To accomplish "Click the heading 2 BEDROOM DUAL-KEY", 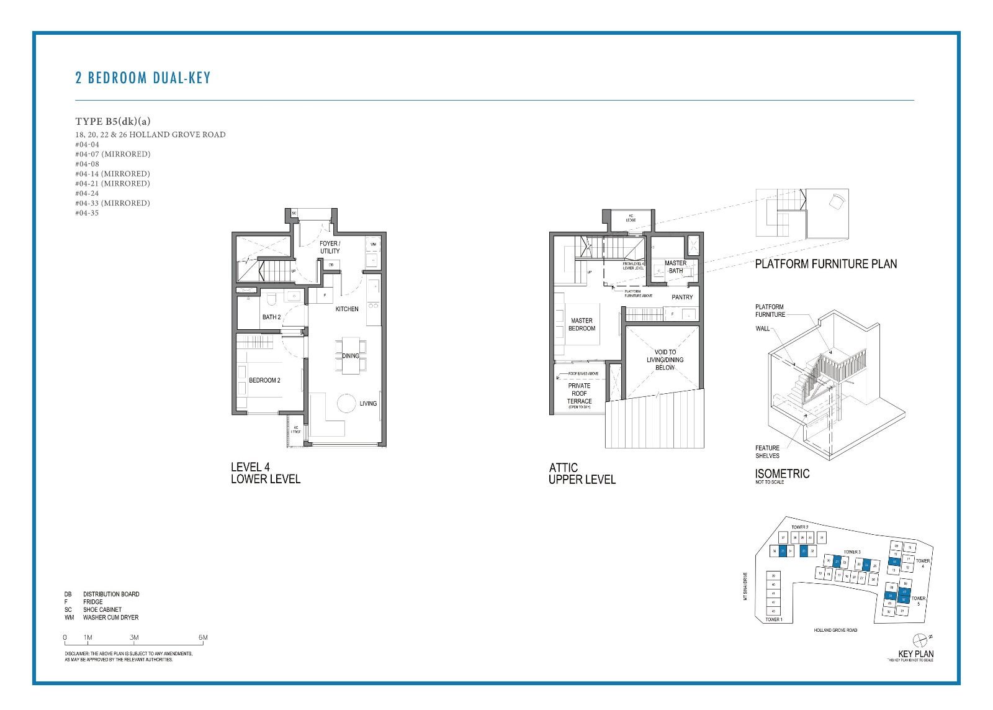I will point(143,78).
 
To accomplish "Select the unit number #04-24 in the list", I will point(87,193).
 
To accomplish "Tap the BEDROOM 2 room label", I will point(264,380).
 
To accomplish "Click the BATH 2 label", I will point(271,317).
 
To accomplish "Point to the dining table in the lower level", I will point(351,355).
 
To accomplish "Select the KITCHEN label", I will point(347,309).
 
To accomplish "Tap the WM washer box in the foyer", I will point(373,245).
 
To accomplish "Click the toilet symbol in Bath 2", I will point(271,300).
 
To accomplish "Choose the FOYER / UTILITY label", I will point(330,247).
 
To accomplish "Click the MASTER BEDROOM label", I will point(582,324).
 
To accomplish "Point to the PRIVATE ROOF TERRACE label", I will point(579,393).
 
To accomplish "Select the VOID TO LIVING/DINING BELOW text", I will point(665,360).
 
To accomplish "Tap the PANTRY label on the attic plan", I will point(682,297).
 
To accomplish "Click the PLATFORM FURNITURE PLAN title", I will point(825,264).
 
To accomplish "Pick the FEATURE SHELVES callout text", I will point(767,452).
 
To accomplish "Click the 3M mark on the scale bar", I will point(134,637).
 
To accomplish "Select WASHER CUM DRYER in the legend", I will point(110,617).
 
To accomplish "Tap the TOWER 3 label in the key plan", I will point(851,552).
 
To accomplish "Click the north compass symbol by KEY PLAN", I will point(921,639).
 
